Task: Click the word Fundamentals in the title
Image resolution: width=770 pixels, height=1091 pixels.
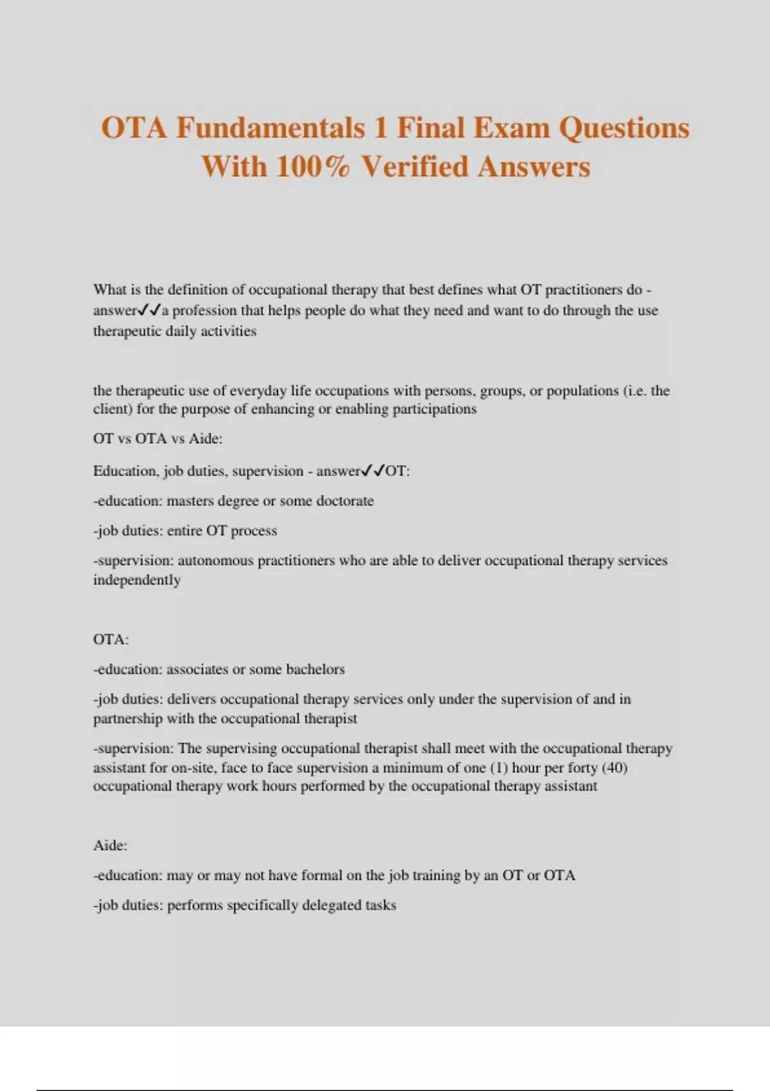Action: pos(270,128)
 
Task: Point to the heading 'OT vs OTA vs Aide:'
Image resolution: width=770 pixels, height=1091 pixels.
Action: pos(158,439)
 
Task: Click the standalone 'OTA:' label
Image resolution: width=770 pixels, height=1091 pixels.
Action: pos(111,640)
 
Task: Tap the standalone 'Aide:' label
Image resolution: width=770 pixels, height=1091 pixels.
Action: pos(110,846)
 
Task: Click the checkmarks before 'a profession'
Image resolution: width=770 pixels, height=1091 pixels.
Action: pos(149,311)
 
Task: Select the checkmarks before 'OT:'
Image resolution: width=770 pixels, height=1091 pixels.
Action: pos(373,471)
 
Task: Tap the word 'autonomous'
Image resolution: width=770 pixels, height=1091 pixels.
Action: pos(216,561)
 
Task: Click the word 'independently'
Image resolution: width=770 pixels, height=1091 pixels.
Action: pos(137,580)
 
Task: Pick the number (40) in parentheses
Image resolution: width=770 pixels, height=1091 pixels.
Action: pos(614,768)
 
